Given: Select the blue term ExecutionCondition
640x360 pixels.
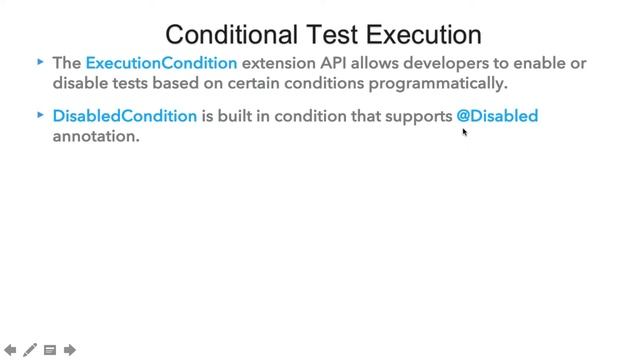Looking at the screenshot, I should (161, 63).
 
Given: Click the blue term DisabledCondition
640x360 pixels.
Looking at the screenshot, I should (124, 116).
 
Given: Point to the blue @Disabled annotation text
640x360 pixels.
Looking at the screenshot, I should (497, 116).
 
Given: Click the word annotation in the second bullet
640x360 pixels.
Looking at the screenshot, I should (95, 136).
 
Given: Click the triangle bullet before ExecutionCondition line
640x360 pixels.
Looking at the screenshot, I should (40, 62).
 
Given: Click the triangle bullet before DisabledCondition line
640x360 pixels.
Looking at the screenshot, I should (40, 115).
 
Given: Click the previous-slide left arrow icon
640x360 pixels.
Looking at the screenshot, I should (10, 350).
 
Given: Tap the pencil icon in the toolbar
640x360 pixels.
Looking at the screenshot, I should (30, 350).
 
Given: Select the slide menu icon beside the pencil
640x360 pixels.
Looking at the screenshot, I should (50, 350).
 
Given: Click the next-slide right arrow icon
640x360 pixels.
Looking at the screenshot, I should (70, 350).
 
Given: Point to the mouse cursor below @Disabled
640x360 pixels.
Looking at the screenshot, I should (465, 131).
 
